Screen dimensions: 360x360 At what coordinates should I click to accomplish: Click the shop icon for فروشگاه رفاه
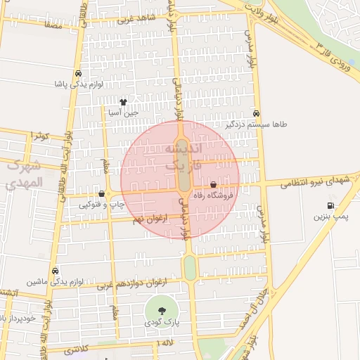pyautogui.click(x=214, y=185)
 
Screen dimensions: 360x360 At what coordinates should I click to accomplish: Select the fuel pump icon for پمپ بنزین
pyautogui.click(x=330, y=206)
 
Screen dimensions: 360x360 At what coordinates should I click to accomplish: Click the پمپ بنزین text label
pyautogui.click(x=331, y=217)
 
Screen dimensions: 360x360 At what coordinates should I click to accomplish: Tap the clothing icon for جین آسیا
pyautogui.click(x=124, y=101)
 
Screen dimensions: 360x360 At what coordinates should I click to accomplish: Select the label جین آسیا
pyautogui.click(x=124, y=112)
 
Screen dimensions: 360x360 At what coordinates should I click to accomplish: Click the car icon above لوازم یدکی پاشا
pyautogui.click(x=77, y=73)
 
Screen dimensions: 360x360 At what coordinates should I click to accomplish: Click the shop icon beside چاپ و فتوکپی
pyautogui.click(x=102, y=193)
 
